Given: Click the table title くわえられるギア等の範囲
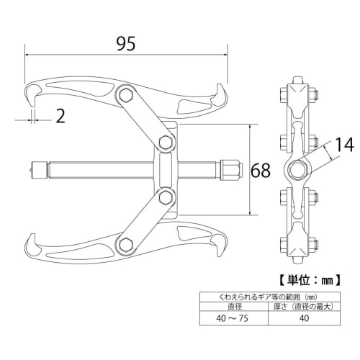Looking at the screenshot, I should pos(259,296).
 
